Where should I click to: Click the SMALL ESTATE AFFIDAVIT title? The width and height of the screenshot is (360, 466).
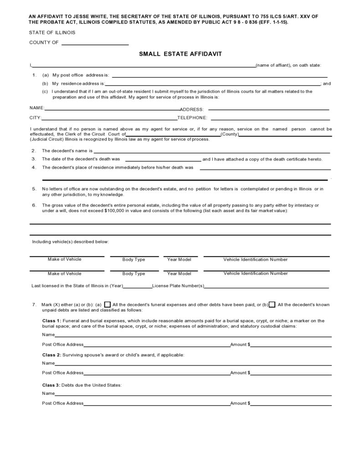[x=180, y=54]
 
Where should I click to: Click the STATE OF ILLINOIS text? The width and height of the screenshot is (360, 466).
[x=52, y=33]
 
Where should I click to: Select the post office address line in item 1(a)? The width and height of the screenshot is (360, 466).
[x=219, y=76]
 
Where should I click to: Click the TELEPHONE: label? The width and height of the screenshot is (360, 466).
[x=192, y=118]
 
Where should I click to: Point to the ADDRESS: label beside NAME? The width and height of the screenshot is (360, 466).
[x=192, y=109]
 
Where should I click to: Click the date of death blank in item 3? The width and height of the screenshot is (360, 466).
[x=162, y=160]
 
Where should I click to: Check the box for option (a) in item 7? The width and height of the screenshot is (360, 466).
[x=108, y=305]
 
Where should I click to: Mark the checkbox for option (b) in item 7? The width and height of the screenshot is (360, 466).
[x=272, y=305]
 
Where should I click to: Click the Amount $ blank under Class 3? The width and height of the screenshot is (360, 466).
[x=291, y=404]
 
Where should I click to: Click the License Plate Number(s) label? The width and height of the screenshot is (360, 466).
[x=178, y=286]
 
